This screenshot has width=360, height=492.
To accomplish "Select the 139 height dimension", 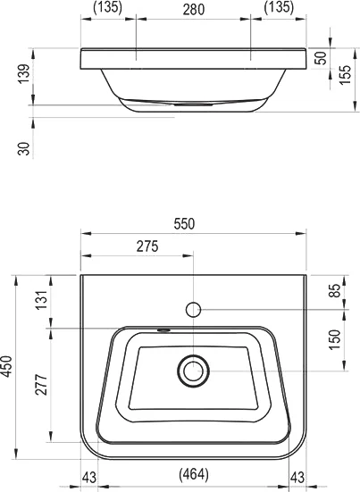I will [x=24, y=76].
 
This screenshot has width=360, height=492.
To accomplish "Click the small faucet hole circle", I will [x=193, y=310].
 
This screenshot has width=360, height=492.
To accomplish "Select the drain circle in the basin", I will [x=193, y=370].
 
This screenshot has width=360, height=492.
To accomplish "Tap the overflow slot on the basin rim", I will [x=163, y=329].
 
